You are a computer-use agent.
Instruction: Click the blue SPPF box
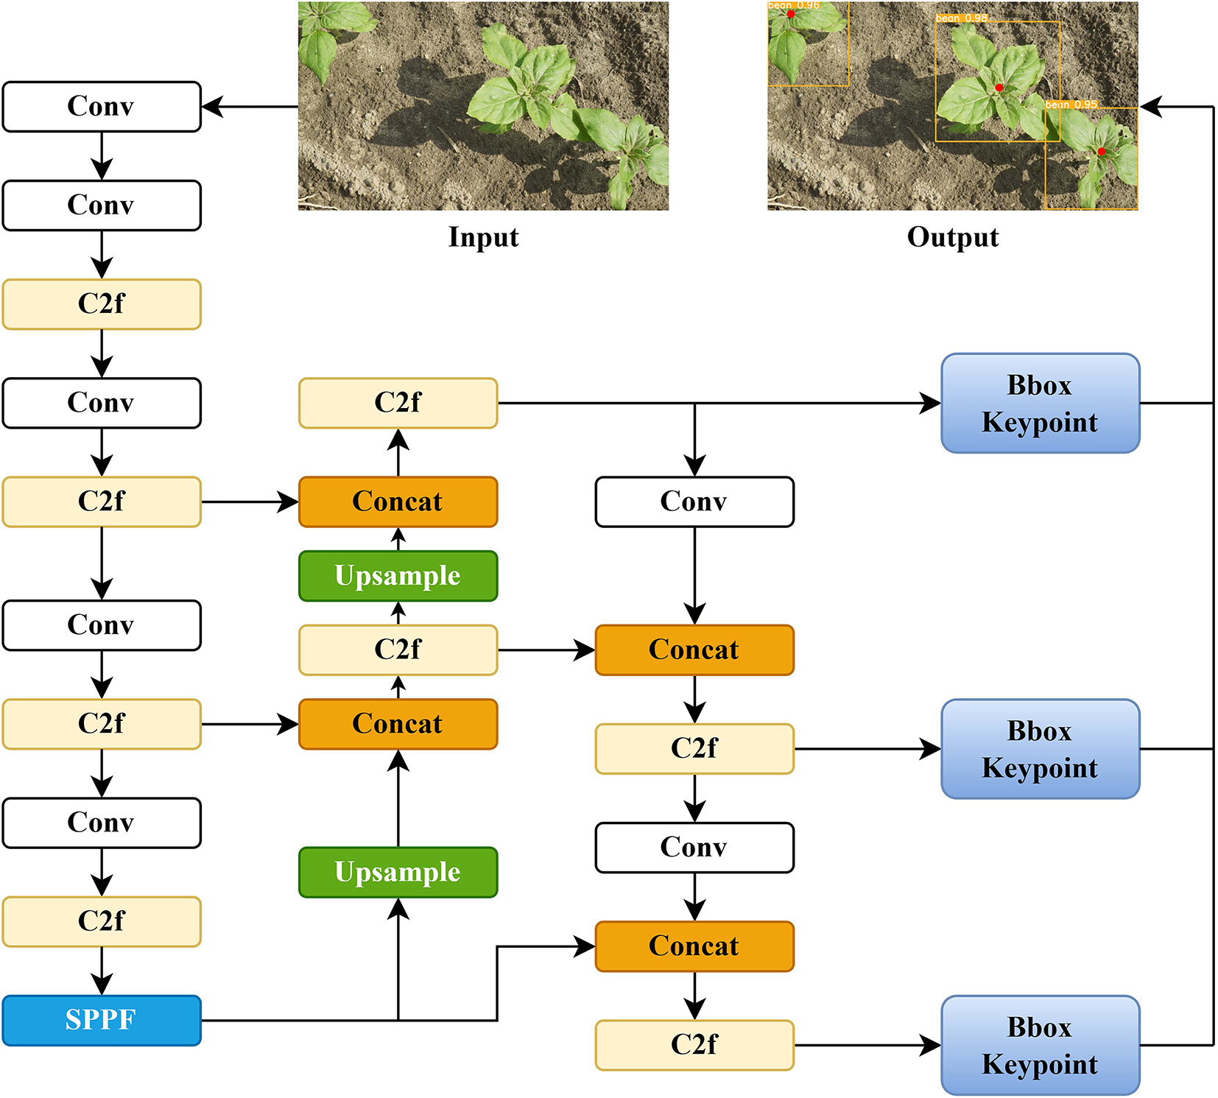click(102, 1020)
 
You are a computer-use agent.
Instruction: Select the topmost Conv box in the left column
click(102, 107)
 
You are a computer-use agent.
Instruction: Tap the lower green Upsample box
click(398, 872)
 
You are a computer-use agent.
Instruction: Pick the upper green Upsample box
click(398, 576)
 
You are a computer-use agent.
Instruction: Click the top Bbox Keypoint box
click(1040, 403)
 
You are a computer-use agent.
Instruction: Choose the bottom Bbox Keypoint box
click(1040, 1045)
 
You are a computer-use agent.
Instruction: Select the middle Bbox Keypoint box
click(1040, 749)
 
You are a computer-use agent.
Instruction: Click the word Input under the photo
click(483, 237)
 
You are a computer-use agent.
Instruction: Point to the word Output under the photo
click(952, 237)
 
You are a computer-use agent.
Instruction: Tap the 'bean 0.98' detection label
click(962, 18)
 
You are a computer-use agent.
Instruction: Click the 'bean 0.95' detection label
click(1071, 105)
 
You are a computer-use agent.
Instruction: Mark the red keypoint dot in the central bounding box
click(999, 88)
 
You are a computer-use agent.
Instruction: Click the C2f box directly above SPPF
click(102, 921)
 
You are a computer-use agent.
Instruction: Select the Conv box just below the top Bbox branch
click(694, 502)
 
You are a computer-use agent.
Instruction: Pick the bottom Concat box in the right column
click(694, 946)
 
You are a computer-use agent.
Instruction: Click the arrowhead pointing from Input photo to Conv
click(211, 107)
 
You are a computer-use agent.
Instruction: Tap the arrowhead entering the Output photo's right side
click(1150, 107)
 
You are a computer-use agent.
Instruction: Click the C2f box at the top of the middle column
click(398, 403)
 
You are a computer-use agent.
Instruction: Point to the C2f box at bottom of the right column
click(694, 1045)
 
